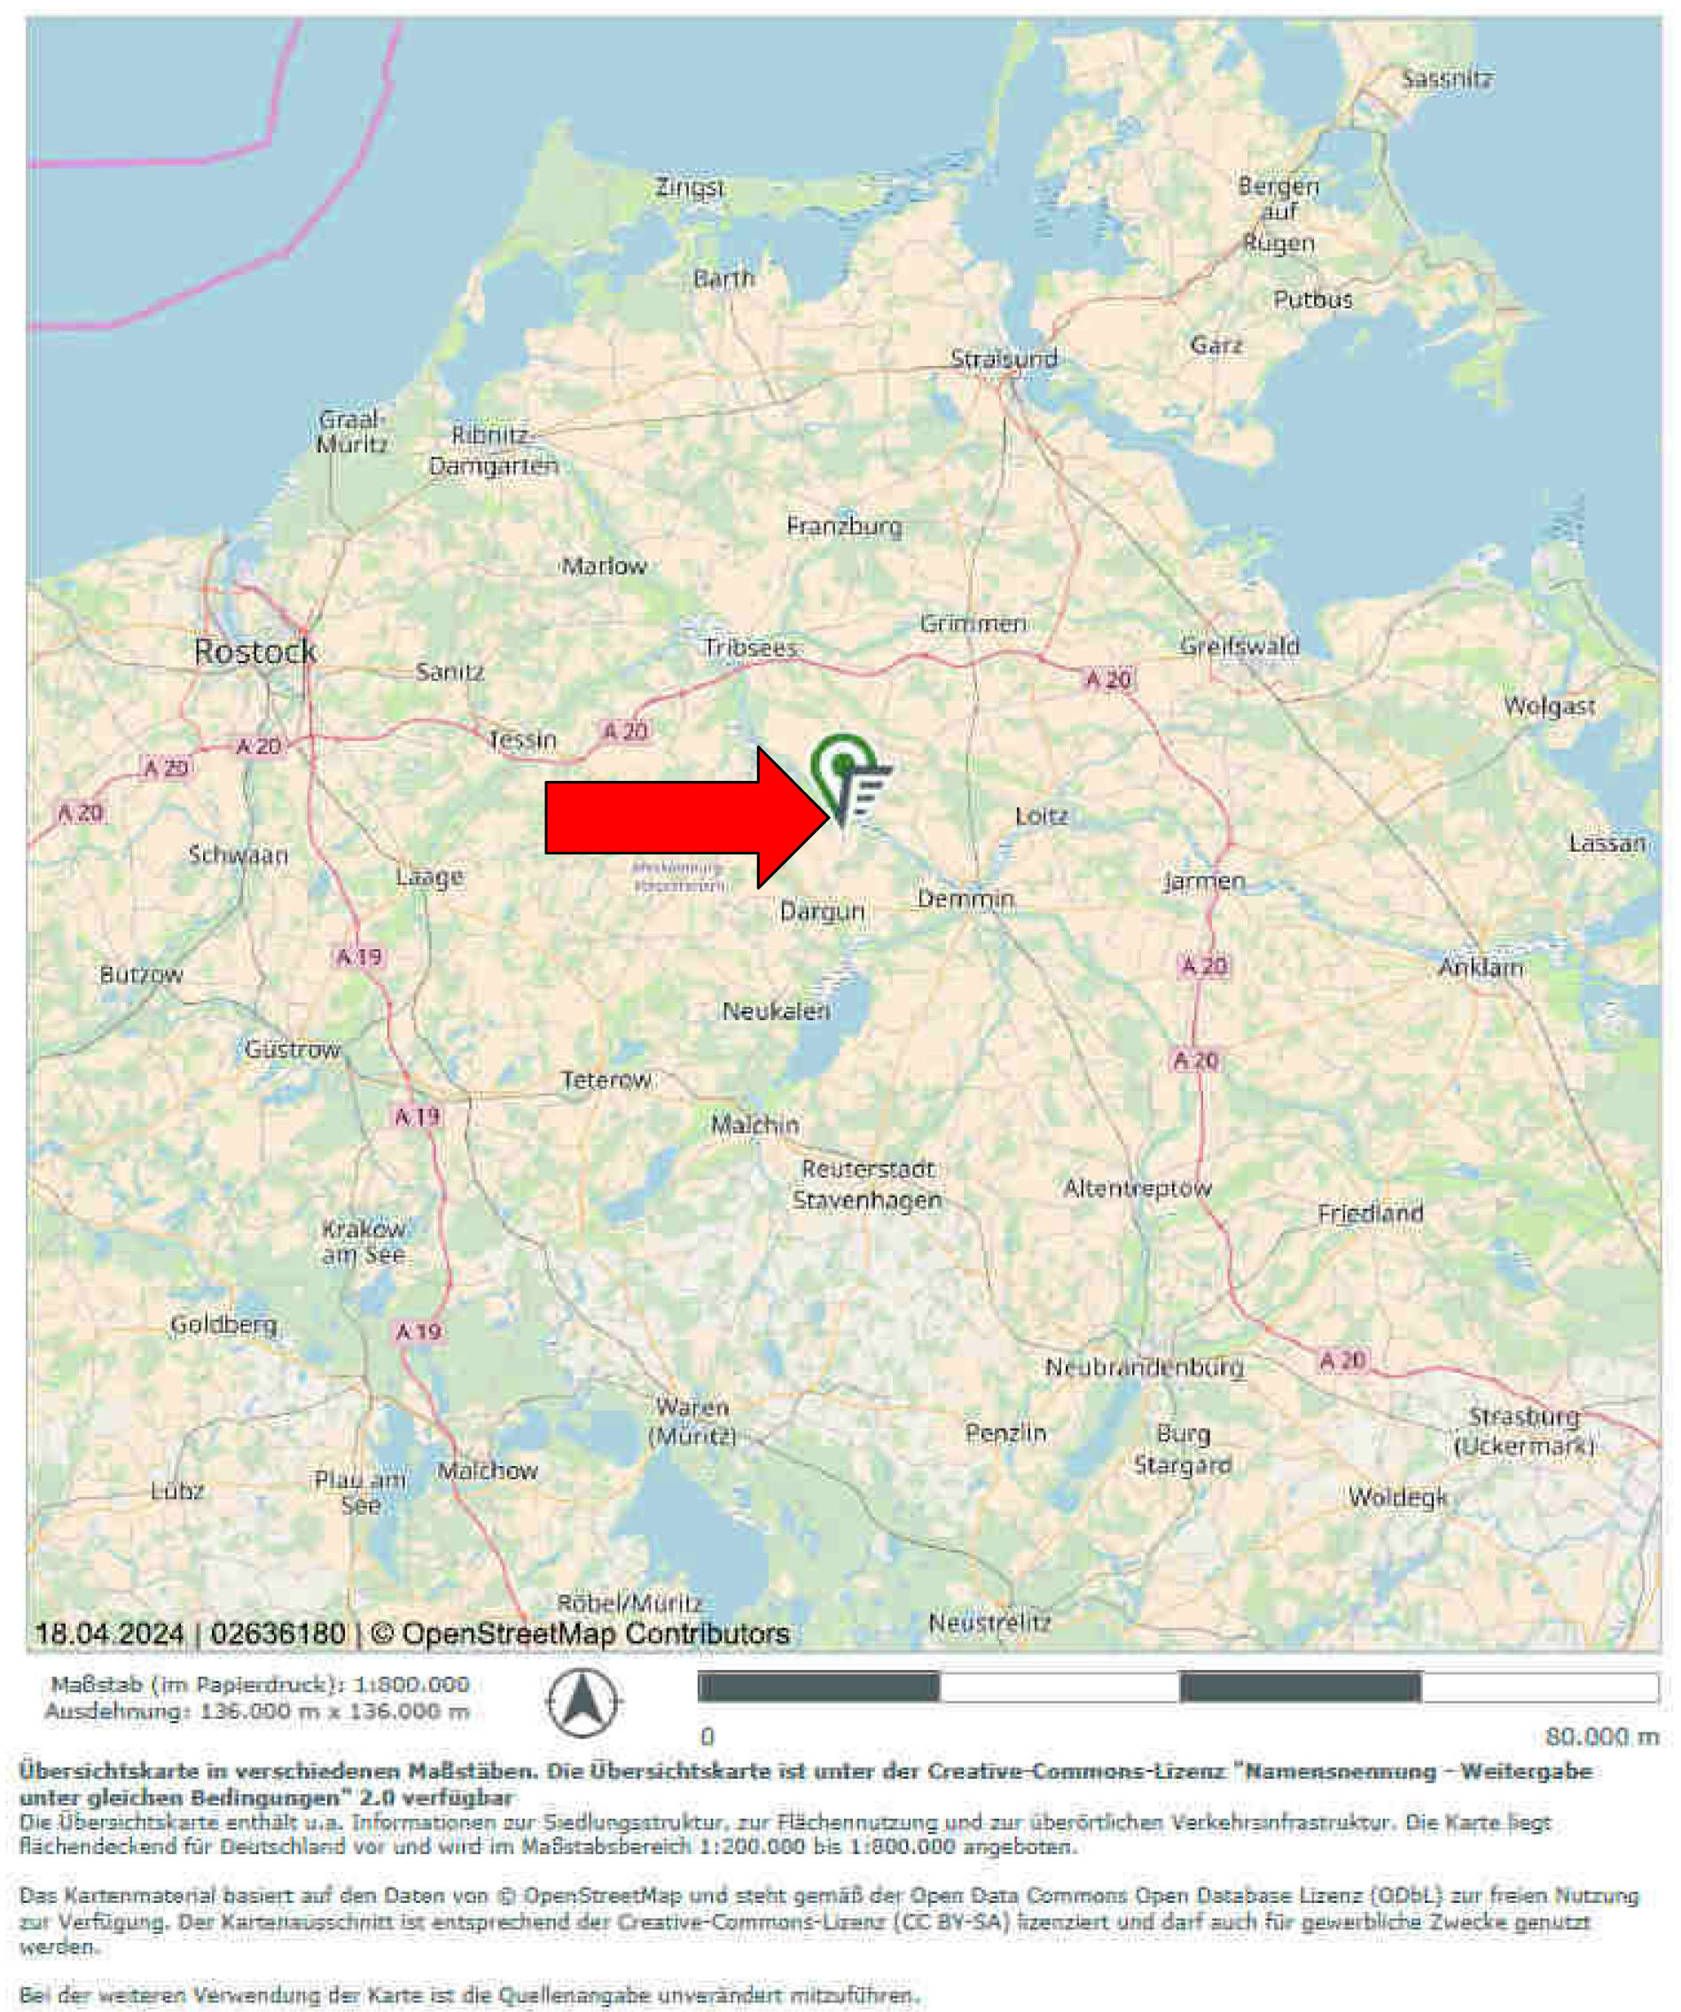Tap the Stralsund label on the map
click(1004, 358)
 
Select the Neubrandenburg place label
click(1145, 1368)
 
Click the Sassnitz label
click(1447, 79)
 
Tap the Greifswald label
click(1239, 646)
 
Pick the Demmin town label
click(966, 899)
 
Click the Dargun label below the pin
click(822, 911)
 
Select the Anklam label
click(1481, 968)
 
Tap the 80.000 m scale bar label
click(1601, 1736)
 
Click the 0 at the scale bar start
click(708, 1736)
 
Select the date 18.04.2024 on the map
click(109, 1633)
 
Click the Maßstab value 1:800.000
click(411, 1684)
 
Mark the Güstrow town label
click(293, 1049)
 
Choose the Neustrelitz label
click(990, 1623)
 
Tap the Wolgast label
click(1549, 707)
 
